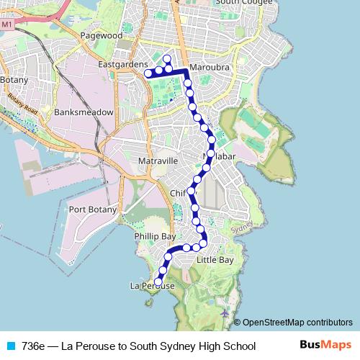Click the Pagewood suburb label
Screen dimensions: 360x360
(102, 35)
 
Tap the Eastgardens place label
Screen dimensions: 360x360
(121, 65)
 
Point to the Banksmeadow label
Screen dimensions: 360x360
(84, 112)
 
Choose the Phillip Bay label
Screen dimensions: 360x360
(155, 236)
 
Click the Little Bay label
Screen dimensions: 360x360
(215, 259)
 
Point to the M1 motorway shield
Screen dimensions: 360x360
(7, 24)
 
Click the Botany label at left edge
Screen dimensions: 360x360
(12, 78)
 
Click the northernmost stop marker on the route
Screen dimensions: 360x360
(167, 59)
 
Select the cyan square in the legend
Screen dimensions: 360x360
(10, 346)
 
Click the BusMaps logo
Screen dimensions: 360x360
(325, 346)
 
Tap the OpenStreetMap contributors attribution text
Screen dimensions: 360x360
(297, 323)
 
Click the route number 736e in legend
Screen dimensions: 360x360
(33, 346)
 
